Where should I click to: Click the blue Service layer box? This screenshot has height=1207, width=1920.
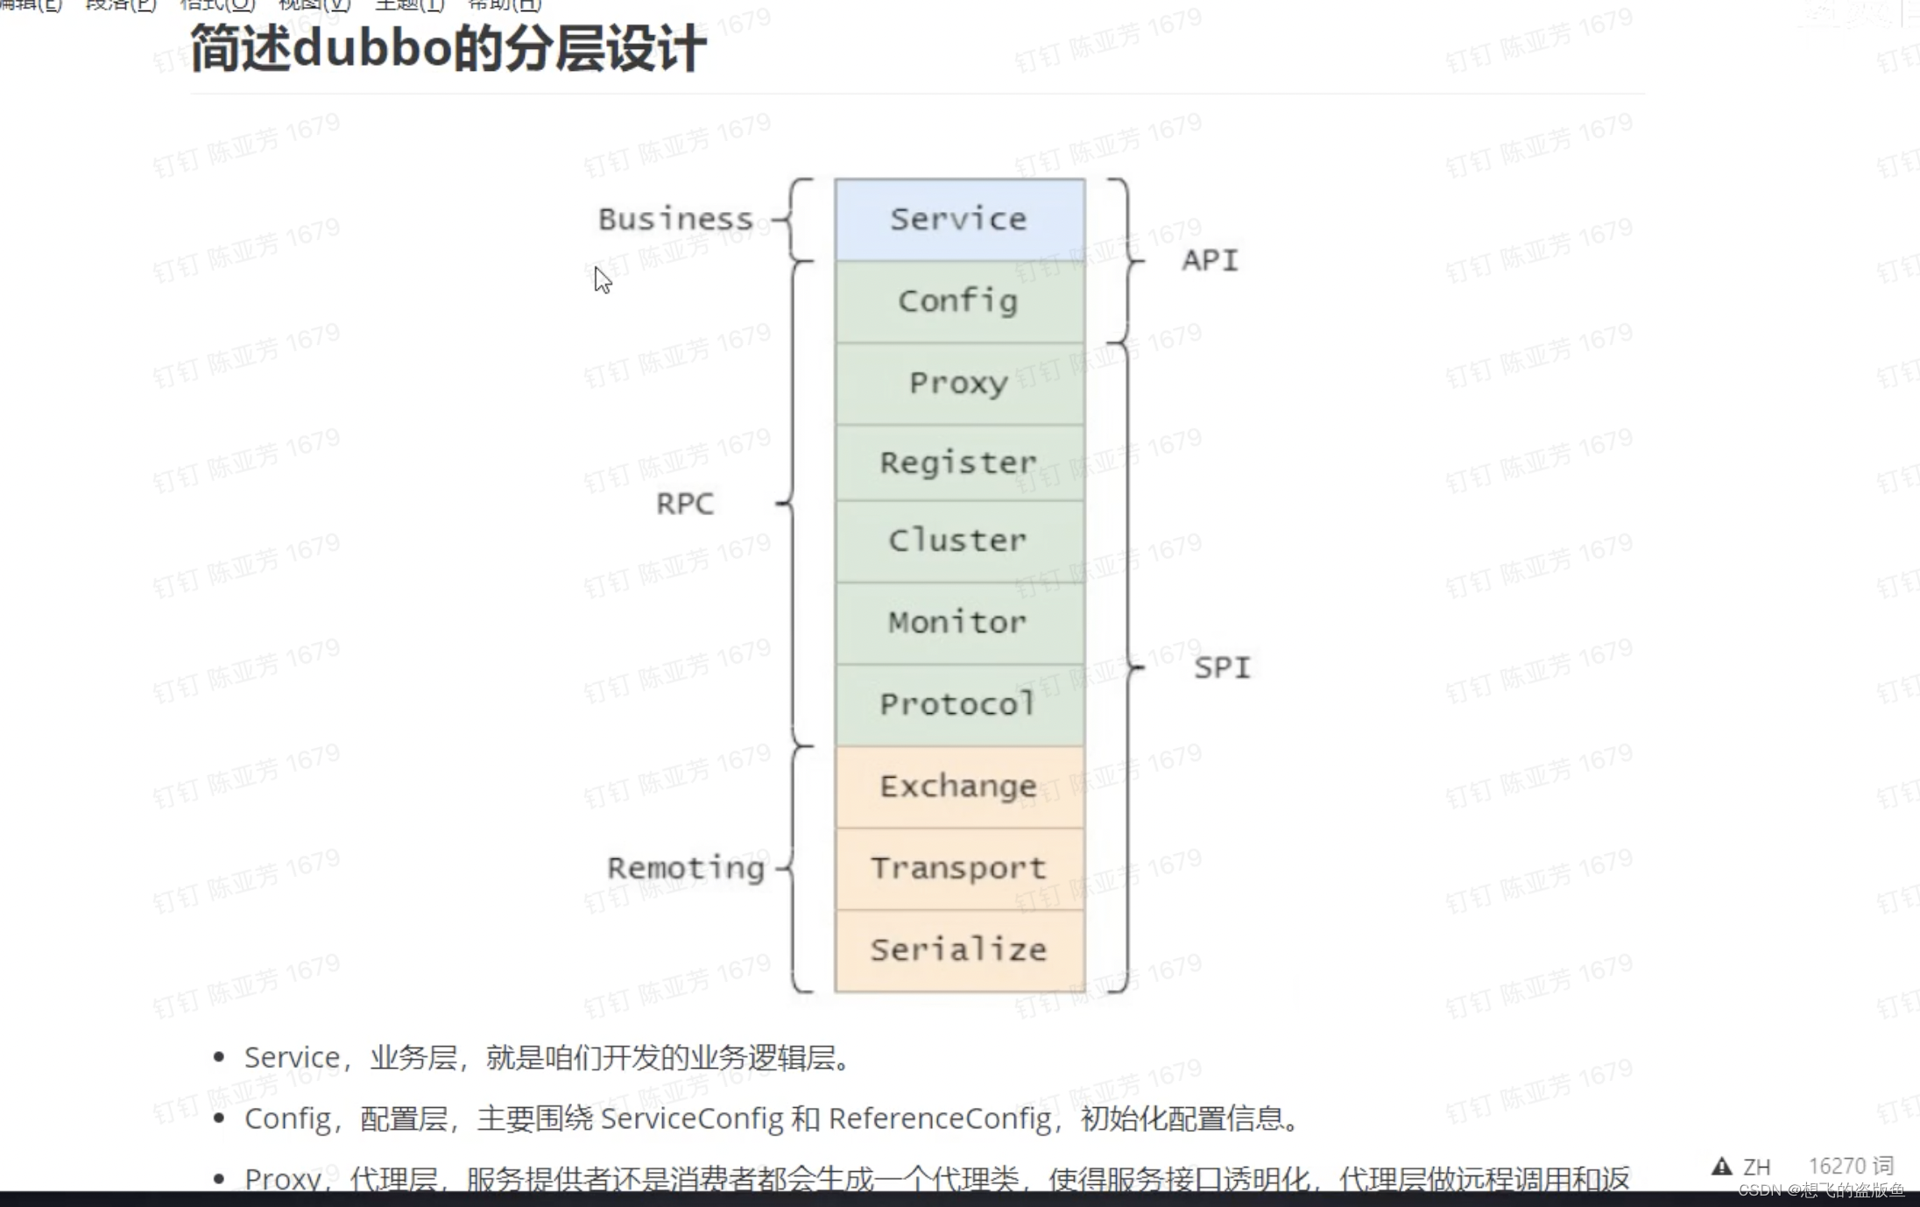click(x=959, y=219)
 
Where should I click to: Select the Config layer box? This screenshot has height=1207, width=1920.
click(x=959, y=301)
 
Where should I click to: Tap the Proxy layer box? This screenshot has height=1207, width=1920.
click(x=959, y=383)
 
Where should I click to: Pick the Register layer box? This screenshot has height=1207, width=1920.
click(x=959, y=462)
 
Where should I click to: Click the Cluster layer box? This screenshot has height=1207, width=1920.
click(x=959, y=540)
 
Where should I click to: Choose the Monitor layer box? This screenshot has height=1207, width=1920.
click(x=959, y=622)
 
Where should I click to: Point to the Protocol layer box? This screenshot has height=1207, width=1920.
click(x=959, y=704)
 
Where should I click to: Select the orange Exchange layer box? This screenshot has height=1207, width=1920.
click(x=959, y=787)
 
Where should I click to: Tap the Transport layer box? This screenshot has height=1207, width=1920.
click(x=959, y=868)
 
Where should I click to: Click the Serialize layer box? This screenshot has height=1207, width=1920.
click(x=959, y=949)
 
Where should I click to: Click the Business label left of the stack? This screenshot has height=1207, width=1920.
click(x=675, y=219)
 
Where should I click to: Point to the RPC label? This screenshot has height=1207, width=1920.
click(x=685, y=504)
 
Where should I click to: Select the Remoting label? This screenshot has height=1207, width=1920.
click(x=686, y=868)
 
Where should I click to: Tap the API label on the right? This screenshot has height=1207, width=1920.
click(x=1210, y=260)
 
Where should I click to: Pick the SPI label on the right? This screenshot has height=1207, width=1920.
click(x=1222, y=667)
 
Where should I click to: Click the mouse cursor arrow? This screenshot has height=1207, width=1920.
click(x=602, y=279)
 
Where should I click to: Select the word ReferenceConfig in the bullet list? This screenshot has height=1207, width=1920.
click(x=940, y=1119)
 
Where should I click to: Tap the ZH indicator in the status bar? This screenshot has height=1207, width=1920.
click(x=1756, y=1167)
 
